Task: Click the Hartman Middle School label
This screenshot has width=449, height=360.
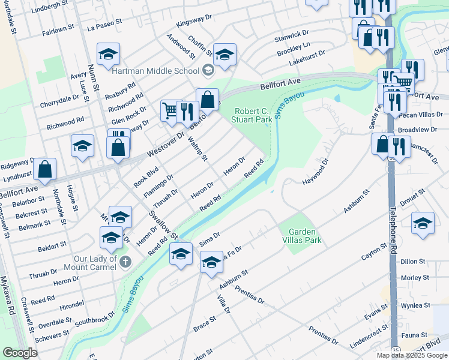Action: (x=155, y=71)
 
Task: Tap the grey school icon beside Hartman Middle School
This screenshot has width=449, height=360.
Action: (x=208, y=71)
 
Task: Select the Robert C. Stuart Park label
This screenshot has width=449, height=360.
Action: (x=253, y=115)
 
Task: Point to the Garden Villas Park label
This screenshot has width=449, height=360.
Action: (x=305, y=236)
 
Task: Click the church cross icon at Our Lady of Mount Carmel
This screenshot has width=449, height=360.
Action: (x=125, y=262)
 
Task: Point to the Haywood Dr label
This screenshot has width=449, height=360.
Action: (x=316, y=172)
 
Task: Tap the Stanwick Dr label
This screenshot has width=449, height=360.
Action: (x=291, y=37)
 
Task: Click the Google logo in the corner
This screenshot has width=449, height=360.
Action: (x=20, y=353)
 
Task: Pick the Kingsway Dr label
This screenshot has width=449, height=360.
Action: (x=194, y=22)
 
